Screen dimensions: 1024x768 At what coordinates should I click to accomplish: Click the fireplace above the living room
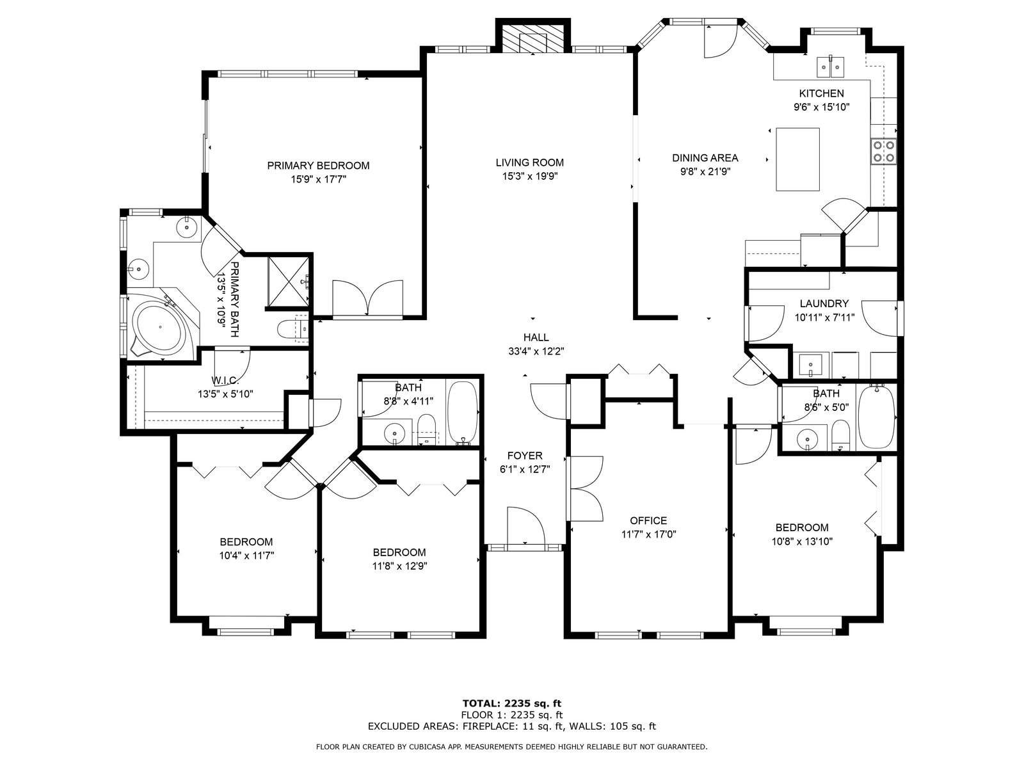pos(532,37)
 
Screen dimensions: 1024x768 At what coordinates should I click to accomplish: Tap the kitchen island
pos(797,159)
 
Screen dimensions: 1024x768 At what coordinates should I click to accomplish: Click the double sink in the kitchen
pos(830,67)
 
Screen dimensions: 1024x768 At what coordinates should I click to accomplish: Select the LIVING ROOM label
pos(529,163)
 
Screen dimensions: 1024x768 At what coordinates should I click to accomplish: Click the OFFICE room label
pos(648,520)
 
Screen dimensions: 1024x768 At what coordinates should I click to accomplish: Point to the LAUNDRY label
pos(824,303)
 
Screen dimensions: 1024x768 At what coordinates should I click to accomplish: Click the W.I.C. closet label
pos(225,381)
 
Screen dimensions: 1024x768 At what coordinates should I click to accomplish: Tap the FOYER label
pos(525,456)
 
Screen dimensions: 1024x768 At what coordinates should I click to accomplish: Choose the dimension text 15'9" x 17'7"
pos(319,180)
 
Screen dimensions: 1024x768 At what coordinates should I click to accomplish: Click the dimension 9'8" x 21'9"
pos(705,172)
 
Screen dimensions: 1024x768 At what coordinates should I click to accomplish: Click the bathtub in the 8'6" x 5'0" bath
pos(877,417)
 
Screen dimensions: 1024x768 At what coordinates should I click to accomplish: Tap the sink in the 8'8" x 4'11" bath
pos(395,433)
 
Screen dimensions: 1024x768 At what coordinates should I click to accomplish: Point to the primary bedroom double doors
pos(367,299)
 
